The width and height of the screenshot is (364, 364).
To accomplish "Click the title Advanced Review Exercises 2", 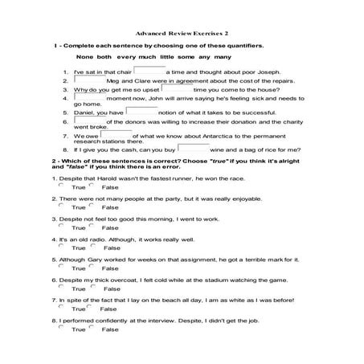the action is coord(182,34).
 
